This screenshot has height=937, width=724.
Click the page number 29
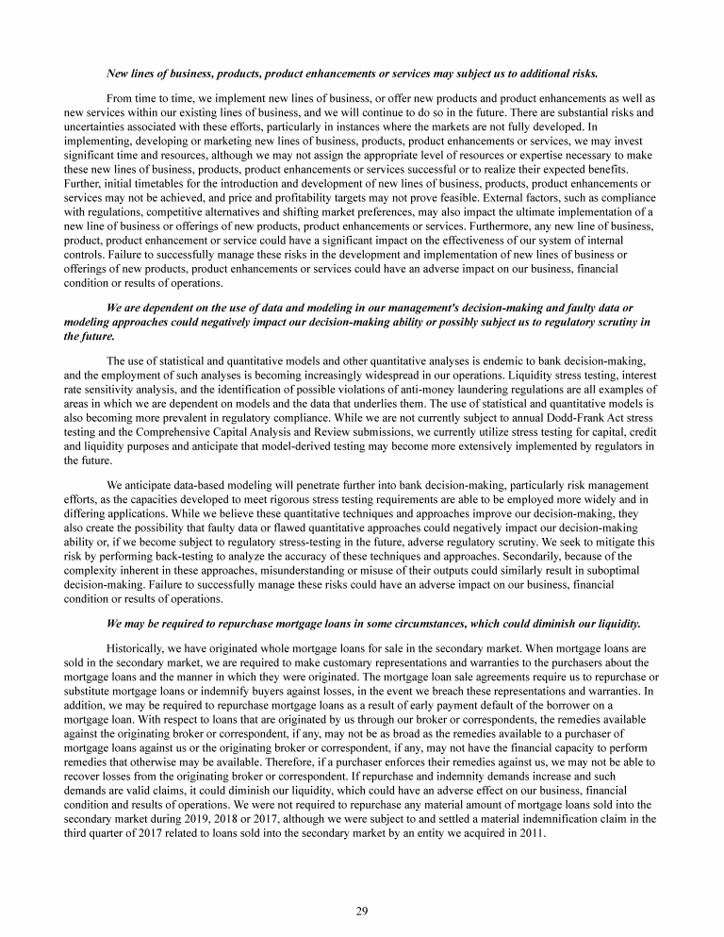361,910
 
